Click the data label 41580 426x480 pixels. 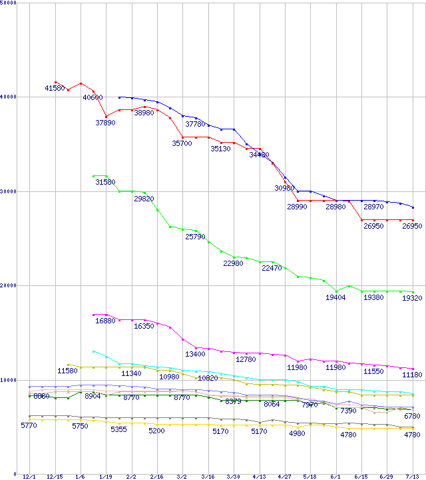point(55,88)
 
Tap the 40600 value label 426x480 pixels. point(93,97)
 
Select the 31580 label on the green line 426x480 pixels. point(105,182)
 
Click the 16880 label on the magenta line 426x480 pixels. point(105,321)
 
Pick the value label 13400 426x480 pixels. point(195,353)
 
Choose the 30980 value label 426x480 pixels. point(284,188)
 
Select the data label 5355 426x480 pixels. point(118,430)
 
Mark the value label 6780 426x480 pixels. point(412,416)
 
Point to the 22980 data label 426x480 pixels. point(233,264)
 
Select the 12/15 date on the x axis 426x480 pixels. point(55,477)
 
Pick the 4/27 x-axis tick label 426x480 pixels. point(284,477)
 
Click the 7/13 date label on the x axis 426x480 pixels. point(412,477)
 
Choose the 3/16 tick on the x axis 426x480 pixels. point(208,477)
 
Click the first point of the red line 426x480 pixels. point(55,82)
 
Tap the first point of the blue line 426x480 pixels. point(119,97)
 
